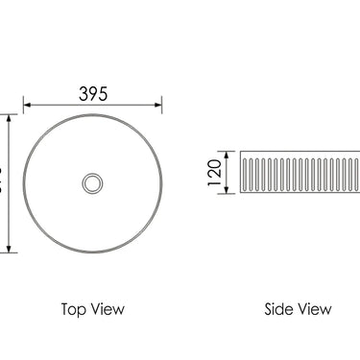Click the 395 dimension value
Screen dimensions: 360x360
pyautogui.click(x=92, y=92)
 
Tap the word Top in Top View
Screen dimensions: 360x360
pyautogui.click(x=75, y=309)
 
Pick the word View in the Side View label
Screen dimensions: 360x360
pyautogui.click(x=314, y=309)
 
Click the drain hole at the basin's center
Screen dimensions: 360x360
pyautogui.click(x=92, y=182)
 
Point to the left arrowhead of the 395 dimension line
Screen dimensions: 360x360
pyautogui.click(x=27, y=105)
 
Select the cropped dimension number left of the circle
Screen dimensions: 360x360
pyautogui.click(x=2, y=182)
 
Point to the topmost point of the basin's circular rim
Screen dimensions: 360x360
pyautogui.click(x=92, y=114)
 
